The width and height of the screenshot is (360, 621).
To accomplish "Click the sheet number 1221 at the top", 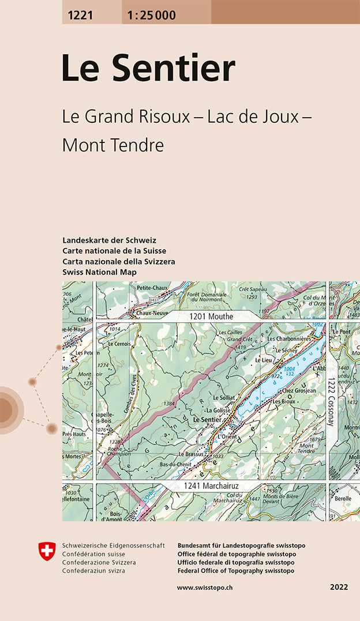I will (x=78, y=16).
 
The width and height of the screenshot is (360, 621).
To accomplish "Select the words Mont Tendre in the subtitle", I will (x=113, y=145).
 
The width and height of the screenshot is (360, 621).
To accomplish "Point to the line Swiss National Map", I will (x=99, y=272).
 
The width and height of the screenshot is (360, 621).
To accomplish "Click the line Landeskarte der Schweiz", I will (x=109, y=240).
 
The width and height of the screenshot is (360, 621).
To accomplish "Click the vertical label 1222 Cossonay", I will (x=331, y=402).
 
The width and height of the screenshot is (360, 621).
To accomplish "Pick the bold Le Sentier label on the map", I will (x=207, y=420).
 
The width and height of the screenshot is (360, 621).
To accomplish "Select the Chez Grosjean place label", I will (x=298, y=390).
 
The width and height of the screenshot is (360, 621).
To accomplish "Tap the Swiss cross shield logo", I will (x=46, y=550).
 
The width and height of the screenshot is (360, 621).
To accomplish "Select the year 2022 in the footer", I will (x=339, y=588).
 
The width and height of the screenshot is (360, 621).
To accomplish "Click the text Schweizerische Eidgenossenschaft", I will (x=113, y=545).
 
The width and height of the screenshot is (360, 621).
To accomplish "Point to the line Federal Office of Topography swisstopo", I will (x=236, y=571).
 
